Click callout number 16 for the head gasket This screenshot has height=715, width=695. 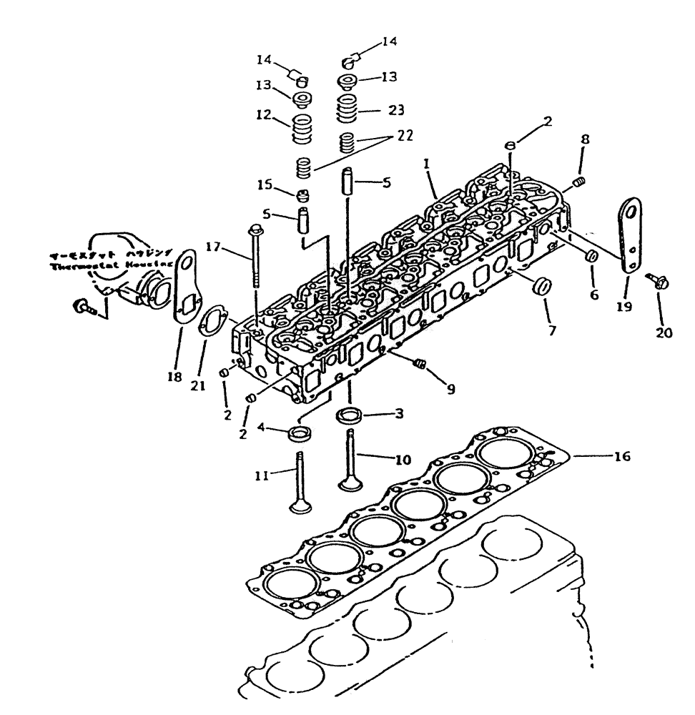click(x=621, y=455)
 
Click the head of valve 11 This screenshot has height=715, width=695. click(x=299, y=508)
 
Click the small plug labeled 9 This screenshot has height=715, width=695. click(x=422, y=365)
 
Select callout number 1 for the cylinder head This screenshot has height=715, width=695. click(x=426, y=164)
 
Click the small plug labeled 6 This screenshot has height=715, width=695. click(x=592, y=256)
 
